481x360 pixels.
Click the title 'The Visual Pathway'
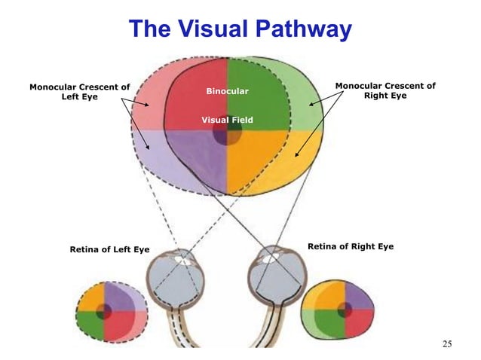point(240,29)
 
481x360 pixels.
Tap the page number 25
point(447,344)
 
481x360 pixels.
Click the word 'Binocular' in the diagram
point(227,92)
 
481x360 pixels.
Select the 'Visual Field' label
point(227,120)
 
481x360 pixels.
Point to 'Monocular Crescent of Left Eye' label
point(79,92)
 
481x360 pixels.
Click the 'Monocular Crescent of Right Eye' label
point(385,91)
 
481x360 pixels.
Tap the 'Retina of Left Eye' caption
point(109,249)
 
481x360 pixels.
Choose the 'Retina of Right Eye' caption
point(351,247)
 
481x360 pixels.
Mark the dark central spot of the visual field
point(227,134)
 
